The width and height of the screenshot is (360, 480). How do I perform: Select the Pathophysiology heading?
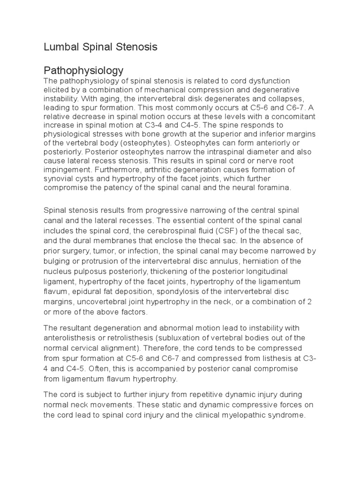(83, 71)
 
